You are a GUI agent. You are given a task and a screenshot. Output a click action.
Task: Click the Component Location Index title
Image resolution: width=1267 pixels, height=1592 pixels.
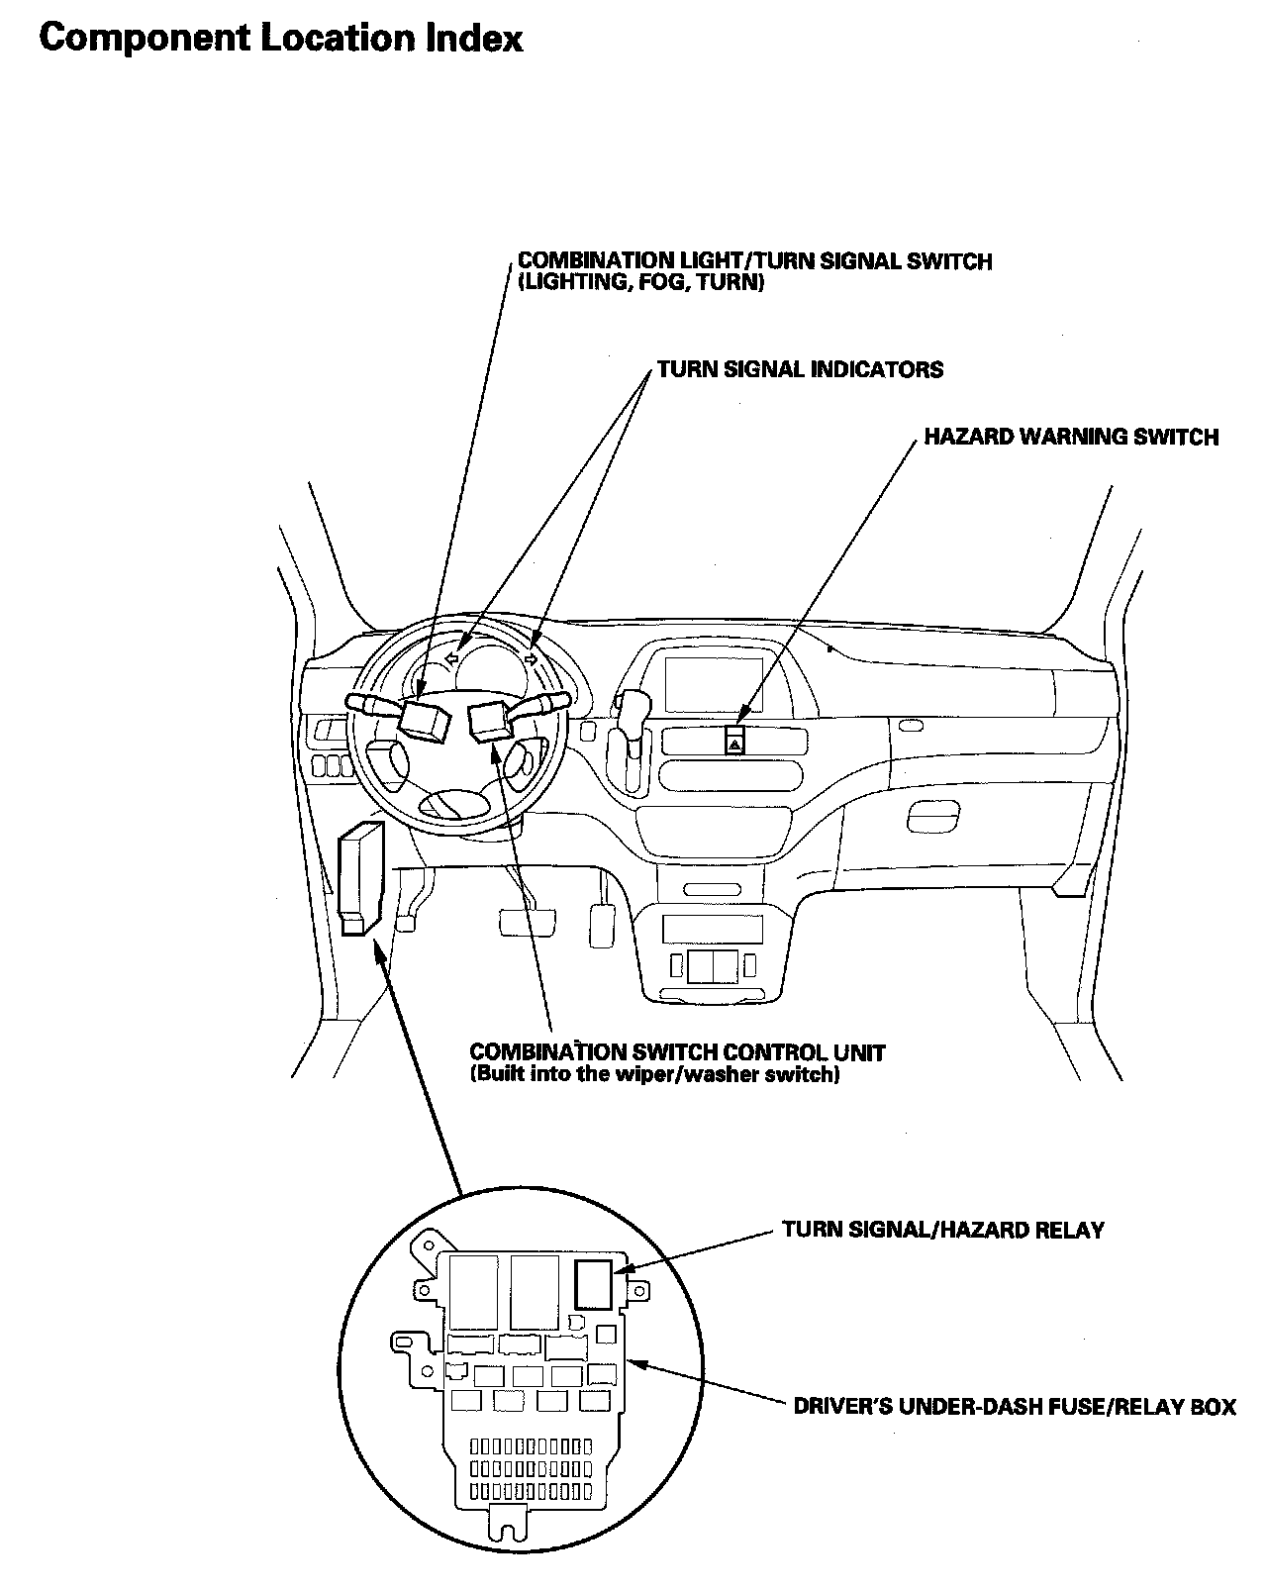click(x=281, y=39)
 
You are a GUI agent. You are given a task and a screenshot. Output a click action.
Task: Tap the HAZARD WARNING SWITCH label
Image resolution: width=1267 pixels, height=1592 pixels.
click(x=1071, y=437)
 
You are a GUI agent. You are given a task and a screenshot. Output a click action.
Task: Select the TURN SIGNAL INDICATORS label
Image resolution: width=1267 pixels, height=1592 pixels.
click(x=800, y=370)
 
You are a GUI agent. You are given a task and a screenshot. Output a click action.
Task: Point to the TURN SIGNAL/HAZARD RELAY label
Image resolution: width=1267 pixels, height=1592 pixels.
click(x=942, y=1231)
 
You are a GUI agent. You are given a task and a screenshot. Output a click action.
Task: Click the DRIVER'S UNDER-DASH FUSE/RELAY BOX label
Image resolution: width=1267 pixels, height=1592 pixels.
click(x=1015, y=1406)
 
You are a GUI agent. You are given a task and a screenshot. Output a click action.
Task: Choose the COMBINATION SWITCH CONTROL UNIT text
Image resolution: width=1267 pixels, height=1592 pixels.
click(x=677, y=1051)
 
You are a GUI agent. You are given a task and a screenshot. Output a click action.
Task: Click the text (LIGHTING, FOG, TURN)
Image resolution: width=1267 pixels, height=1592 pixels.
click(x=640, y=283)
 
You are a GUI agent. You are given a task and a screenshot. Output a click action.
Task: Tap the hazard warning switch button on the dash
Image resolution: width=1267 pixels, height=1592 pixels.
click(x=735, y=741)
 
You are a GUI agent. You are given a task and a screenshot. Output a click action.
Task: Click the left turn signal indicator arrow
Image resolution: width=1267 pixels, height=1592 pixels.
click(x=451, y=658)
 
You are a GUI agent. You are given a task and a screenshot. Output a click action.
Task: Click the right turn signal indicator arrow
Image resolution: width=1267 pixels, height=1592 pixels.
click(x=532, y=658)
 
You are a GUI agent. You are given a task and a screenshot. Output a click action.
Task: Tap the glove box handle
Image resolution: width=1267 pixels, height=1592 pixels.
click(x=931, y=815)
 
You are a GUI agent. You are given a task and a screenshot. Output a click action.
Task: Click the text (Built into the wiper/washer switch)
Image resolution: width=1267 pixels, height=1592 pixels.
click(x=654, y=1074)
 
